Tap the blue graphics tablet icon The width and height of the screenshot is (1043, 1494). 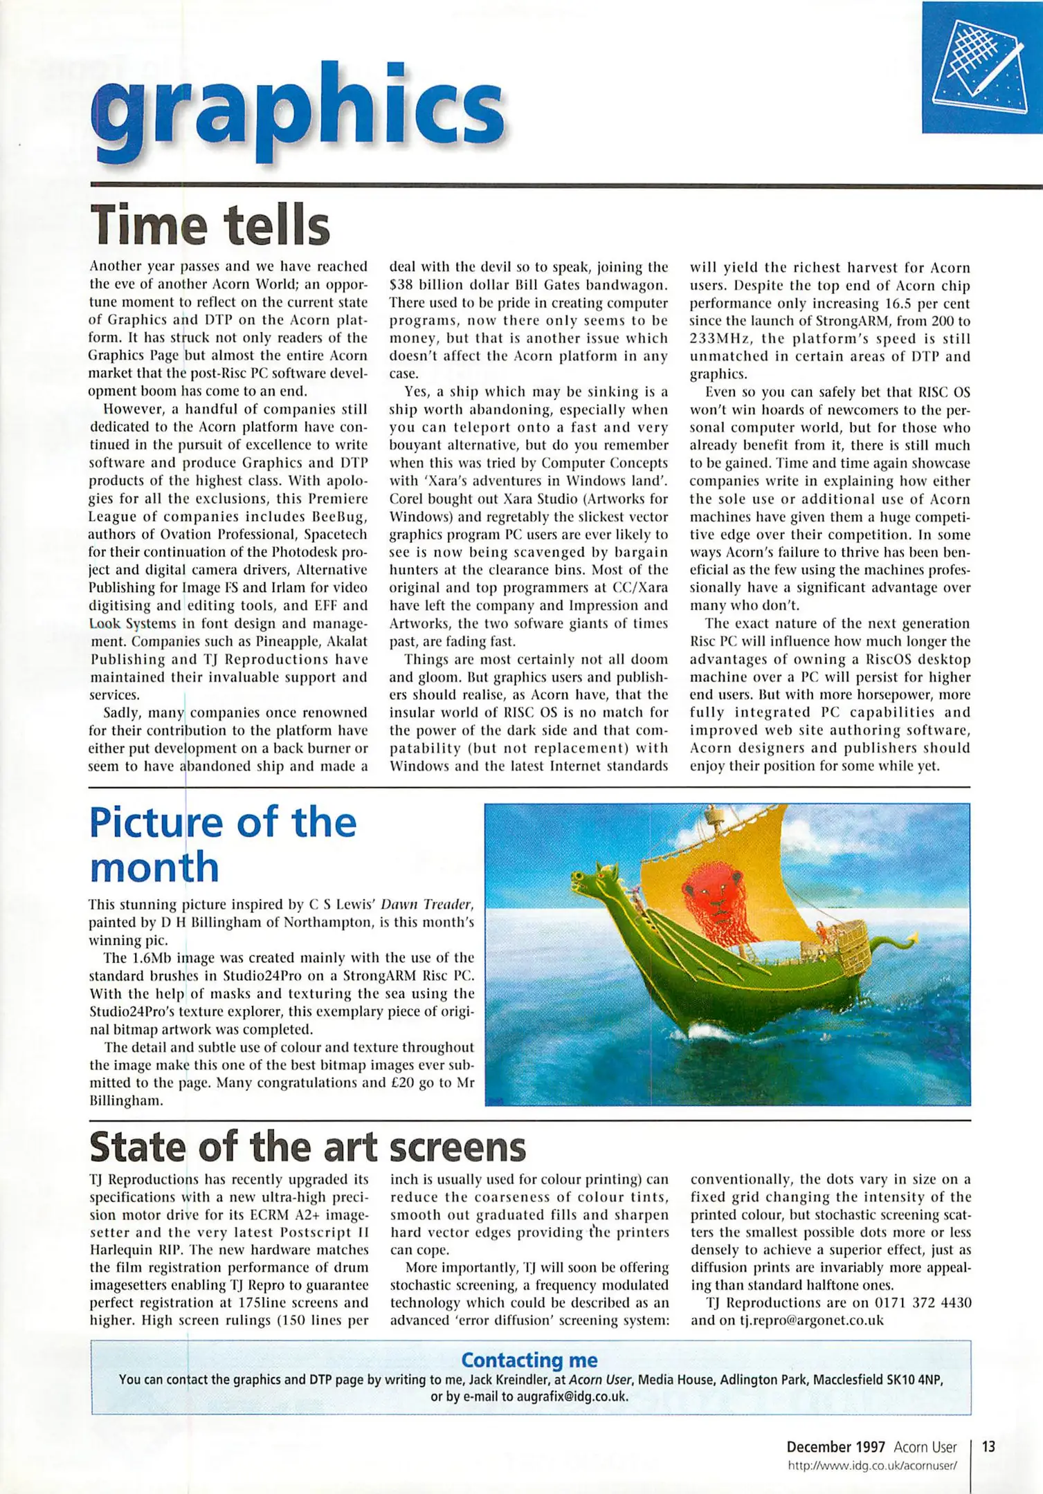981,67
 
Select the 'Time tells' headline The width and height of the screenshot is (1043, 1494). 210,224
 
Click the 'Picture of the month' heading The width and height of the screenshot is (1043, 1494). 223,845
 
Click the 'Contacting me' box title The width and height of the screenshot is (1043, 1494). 529,1360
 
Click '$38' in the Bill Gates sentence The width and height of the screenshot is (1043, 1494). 401,285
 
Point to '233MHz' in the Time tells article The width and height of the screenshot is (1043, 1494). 718,339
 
